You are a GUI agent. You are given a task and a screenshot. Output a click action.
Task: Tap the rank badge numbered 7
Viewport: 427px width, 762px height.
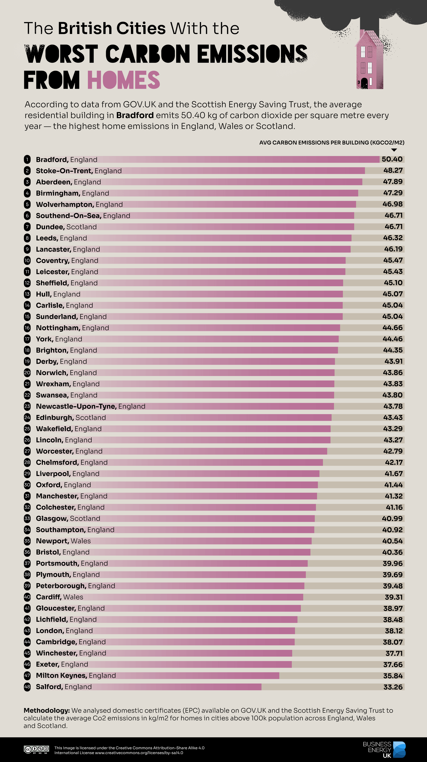(27, 227)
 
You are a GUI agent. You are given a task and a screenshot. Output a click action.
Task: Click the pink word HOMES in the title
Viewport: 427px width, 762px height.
(123, 80)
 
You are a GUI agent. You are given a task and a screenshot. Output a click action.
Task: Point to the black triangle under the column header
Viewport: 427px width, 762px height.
(394, 150)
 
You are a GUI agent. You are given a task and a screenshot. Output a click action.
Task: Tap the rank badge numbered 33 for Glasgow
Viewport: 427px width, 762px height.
(27, 518)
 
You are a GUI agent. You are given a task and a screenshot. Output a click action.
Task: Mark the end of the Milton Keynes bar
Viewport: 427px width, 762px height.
(279, 676)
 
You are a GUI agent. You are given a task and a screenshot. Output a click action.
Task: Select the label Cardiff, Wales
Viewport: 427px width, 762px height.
(59, 597)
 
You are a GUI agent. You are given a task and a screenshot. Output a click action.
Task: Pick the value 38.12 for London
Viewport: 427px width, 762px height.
(394, 631)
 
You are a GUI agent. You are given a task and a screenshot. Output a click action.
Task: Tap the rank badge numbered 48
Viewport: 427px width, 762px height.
(27, 687)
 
